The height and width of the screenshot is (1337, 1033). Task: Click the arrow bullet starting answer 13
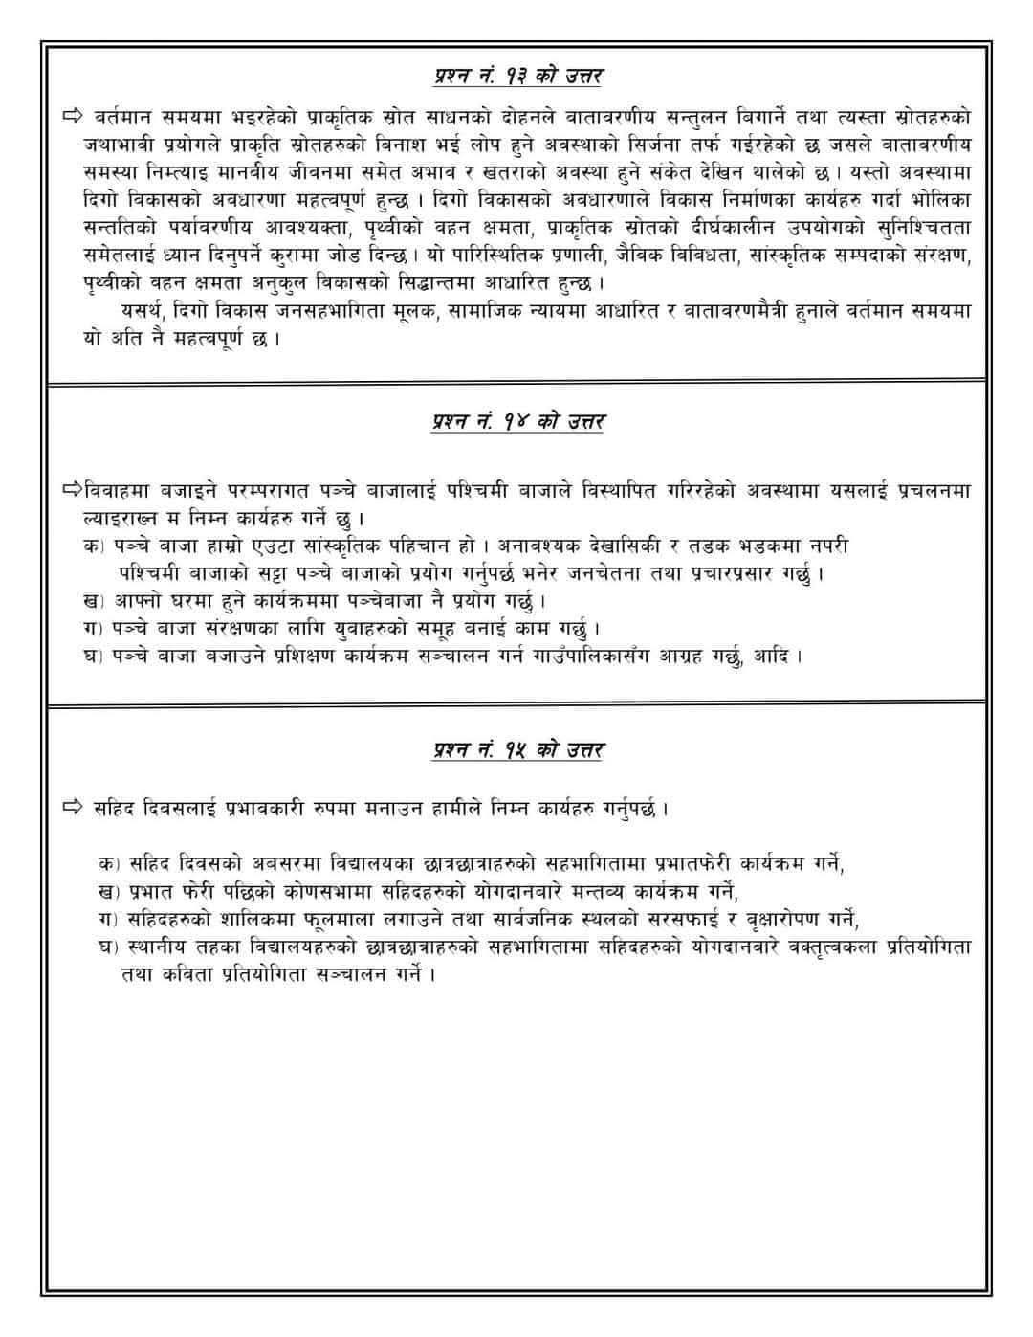tap(74, 117)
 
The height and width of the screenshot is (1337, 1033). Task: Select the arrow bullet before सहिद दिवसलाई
tap(74, 808)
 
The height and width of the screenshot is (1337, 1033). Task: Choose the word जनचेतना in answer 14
tap(641, 573)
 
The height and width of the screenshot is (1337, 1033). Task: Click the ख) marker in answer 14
tap(94, 601)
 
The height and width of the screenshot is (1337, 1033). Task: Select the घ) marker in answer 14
tap(94, 657)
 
